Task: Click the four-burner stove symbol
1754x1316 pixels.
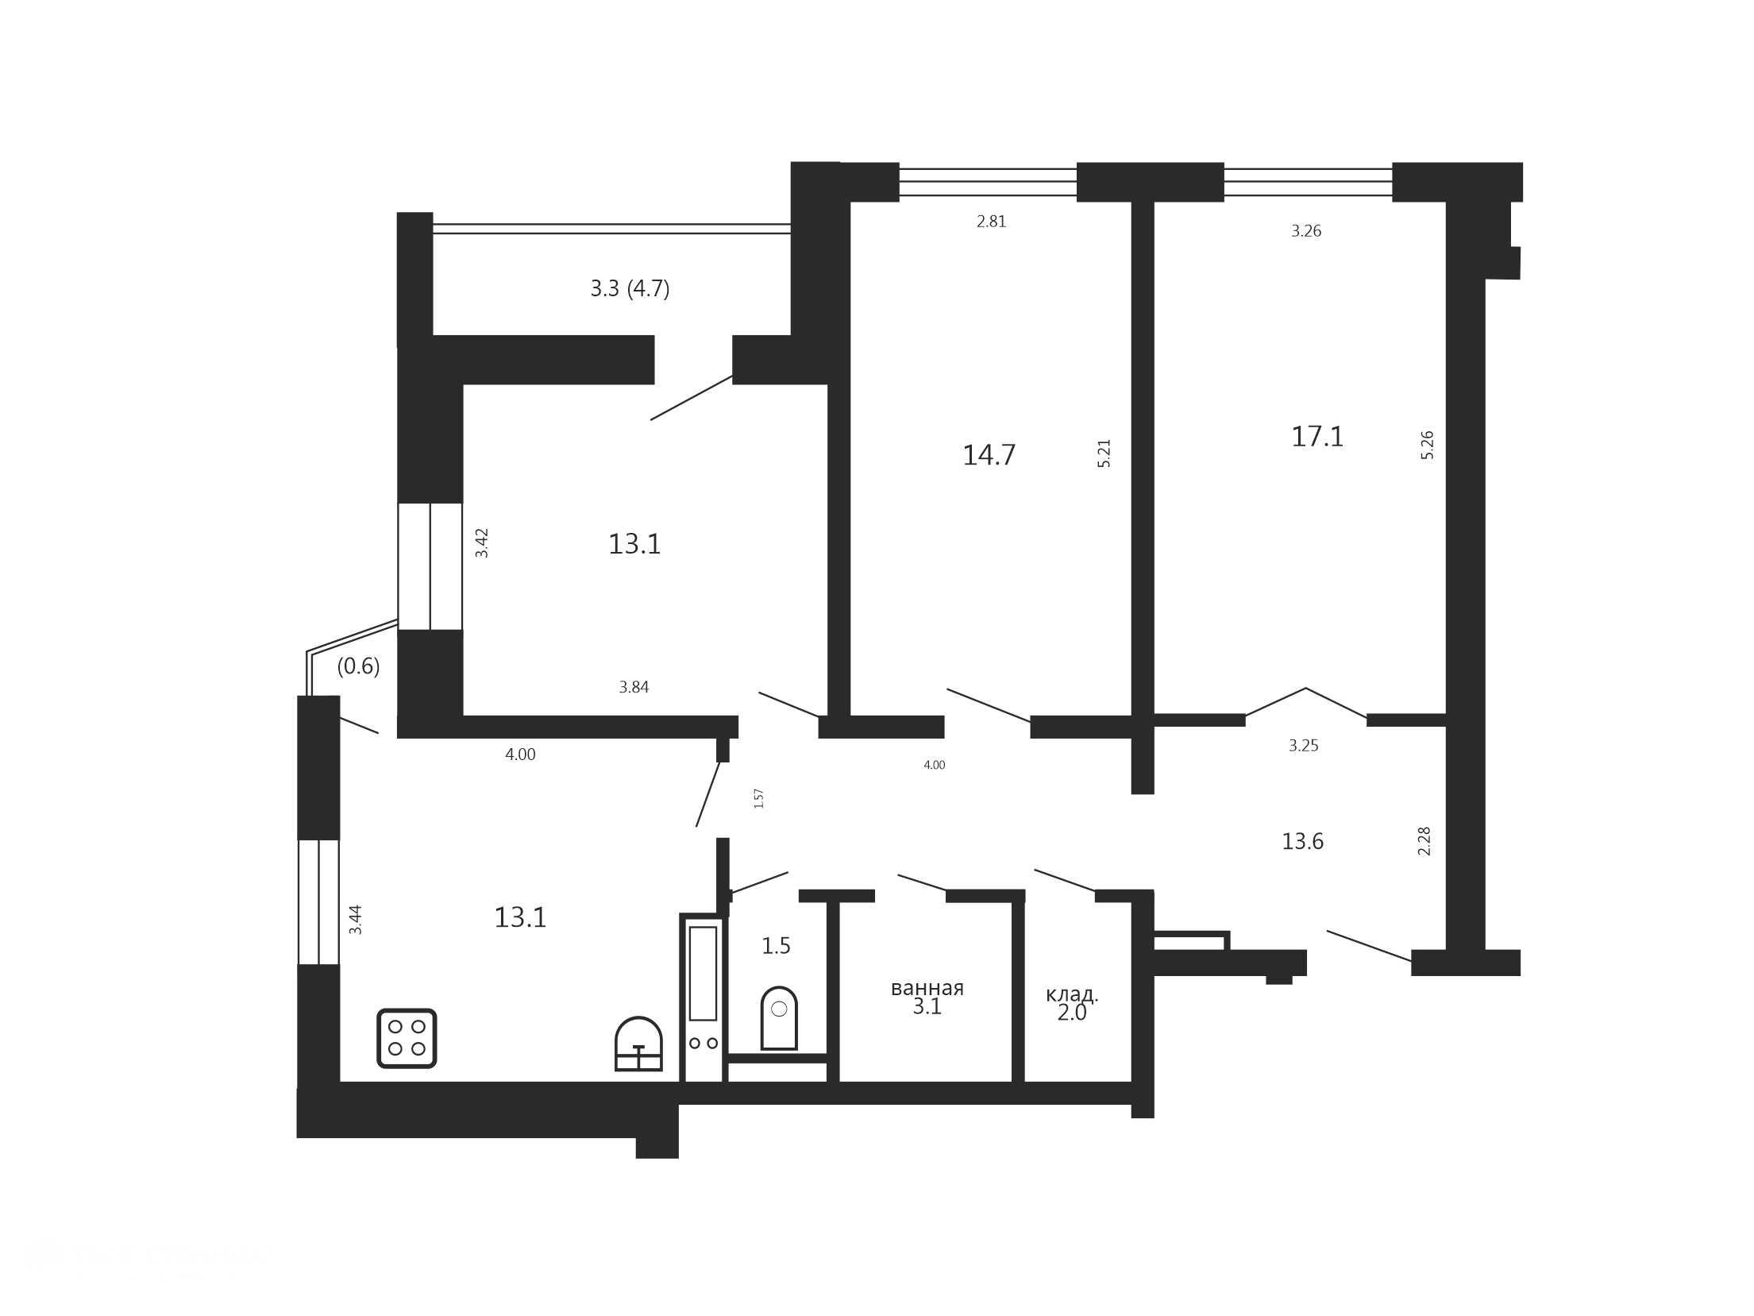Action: point(407,1038)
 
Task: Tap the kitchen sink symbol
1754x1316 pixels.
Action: point(638,1044)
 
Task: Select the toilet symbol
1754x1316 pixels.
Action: point(779,1018)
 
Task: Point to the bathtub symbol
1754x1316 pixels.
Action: point(704,998)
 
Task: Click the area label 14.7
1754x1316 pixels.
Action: point(989,455)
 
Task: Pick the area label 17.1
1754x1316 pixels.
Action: point(1317,437)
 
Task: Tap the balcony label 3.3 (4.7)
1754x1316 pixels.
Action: point(630,288)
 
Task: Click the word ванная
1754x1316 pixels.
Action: point(927,988)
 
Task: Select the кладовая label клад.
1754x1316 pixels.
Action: point(1072,994)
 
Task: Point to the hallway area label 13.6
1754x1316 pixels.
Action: point(1302,841)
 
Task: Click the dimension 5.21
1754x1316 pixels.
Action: point(1104,453)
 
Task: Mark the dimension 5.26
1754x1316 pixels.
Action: point(1427,445)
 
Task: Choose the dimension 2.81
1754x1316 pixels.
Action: point(991,222)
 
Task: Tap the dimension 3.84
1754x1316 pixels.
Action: point(634,687)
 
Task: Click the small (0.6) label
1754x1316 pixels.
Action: point(358,666)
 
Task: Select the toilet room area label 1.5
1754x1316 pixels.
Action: point(776,946)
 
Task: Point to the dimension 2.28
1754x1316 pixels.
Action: point(1424,841)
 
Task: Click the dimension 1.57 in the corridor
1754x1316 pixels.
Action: point(758,798)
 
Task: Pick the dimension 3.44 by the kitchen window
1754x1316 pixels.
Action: point(356,920)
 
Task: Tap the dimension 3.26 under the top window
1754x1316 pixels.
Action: point(1305,231)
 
